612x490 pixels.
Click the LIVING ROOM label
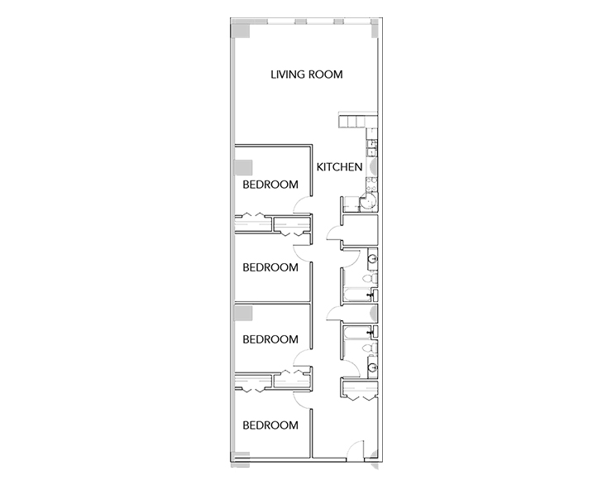click(x=307, y=74)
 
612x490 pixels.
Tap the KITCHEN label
click(x=339, y=167)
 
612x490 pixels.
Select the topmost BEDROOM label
click(x=270, y=185)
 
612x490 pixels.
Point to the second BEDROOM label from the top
click(x=270, y=267)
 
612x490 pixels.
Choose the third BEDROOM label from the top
click(x=270, y=339)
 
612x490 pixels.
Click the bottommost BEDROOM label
click(x=270, y=425)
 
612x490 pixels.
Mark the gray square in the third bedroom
click(x=244, y=315)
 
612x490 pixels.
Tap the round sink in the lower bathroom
click(x=373, y=367)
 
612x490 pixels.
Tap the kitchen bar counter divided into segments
click(x=351, y=122)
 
